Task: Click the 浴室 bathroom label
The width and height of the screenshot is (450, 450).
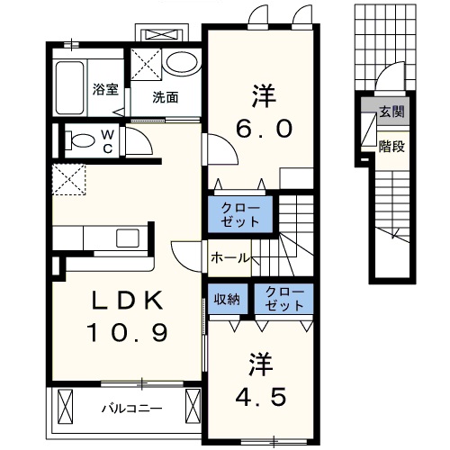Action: pos(105,88)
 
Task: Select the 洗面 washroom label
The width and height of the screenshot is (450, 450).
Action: pos(164,97)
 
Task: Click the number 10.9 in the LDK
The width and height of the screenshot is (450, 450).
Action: pos(127,334)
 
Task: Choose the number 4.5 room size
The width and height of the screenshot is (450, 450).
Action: pos(261,395)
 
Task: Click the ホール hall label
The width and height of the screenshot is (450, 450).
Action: pos(229,257)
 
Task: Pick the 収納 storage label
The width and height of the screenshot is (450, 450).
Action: pos(227,300)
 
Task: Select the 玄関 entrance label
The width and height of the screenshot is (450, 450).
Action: pos(391,112)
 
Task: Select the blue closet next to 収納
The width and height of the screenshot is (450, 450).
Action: pos(283,300)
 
